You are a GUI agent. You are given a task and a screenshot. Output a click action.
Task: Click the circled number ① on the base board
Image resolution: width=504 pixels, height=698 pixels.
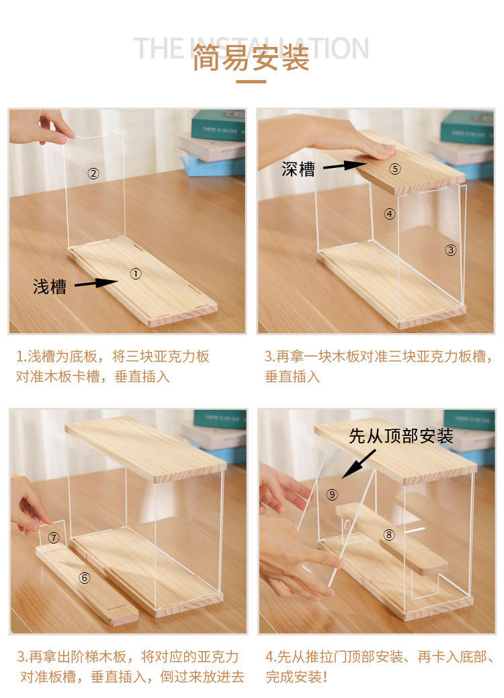(x=135, y=273)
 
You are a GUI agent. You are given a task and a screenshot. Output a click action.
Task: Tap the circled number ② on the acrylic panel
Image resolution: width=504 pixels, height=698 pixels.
(x=93, y=174)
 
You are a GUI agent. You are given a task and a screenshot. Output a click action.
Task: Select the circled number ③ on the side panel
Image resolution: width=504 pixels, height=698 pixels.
(x=451, y=250)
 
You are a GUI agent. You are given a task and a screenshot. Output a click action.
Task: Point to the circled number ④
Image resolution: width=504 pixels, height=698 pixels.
(x=389, y=214)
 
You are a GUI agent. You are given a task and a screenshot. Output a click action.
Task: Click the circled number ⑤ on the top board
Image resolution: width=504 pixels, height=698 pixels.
(x=394, y=169)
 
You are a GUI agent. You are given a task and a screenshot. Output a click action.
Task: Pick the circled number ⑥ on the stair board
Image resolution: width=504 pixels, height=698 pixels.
(x=85, y=577)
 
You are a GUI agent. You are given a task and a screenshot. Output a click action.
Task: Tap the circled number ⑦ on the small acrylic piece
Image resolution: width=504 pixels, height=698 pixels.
(x=54, y=537)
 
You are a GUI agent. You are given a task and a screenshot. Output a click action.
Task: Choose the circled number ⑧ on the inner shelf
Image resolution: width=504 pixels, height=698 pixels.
(x=388, y=535)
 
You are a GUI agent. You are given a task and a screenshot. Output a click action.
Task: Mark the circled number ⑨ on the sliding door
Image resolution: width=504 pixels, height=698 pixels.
(x=332, y=494)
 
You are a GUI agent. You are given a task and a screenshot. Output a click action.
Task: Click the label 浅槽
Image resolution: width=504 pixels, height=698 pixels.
(x=50, y=287)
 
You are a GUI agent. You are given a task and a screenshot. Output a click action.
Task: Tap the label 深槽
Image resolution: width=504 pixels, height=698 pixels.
(x=298, y=169)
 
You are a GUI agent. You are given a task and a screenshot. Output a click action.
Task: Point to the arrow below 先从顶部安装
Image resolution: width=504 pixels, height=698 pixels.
(x=359, y=464)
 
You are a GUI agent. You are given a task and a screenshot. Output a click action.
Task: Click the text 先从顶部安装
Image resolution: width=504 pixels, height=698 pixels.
(x=401, y=436)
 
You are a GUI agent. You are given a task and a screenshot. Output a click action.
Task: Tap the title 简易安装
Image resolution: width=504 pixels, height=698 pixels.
(x=251, y=58)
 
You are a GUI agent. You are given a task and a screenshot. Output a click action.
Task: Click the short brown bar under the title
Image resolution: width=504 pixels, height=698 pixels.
(x=251, y=82)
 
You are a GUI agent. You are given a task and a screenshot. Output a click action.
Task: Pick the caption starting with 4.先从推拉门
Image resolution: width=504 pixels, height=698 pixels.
(x=380, y=666)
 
